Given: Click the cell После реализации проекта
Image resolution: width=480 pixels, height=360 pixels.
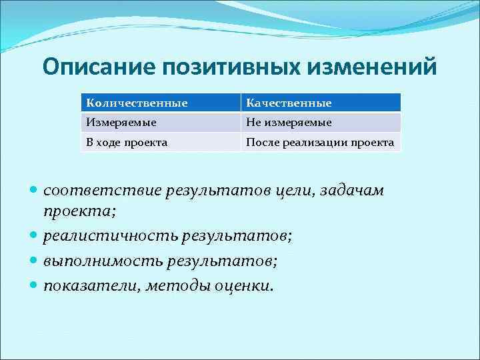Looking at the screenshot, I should pos(320,142).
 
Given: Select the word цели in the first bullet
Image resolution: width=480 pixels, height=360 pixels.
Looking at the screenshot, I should pos(294,191).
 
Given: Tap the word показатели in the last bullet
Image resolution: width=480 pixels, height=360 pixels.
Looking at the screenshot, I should pos(87,285).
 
